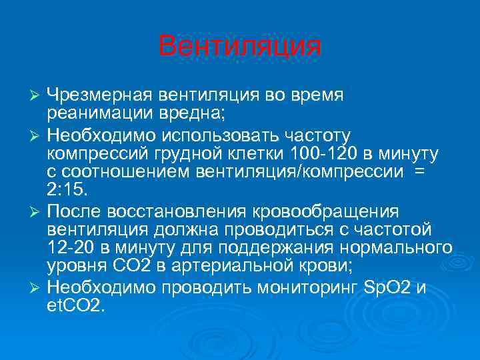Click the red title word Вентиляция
point(240,47)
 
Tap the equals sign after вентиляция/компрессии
point(418,173)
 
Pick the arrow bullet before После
point(37,213)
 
